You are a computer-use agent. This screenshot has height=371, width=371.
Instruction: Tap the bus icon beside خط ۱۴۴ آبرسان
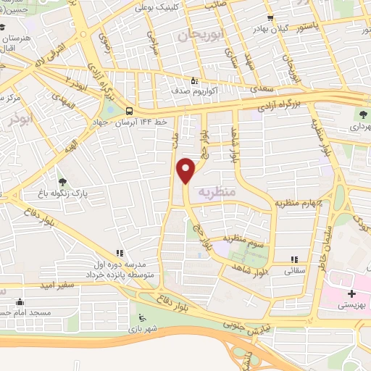click(x=128, y=111)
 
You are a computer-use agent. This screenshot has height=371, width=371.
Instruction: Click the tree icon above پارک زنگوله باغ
click(x=62, y=182)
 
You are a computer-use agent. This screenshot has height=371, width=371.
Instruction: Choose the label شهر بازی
click(x=152, y=328)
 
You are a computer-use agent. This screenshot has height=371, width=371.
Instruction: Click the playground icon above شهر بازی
click(x=141, y=317)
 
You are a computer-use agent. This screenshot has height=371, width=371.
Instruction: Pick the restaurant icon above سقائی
click(x=294, y=259)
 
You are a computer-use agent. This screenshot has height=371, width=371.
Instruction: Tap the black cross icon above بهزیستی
click(x=352, y=293)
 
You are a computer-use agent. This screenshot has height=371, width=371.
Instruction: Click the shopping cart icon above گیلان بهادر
click(x=270, y=17)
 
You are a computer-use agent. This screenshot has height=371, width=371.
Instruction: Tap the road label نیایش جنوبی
click(x=234, y=322)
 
